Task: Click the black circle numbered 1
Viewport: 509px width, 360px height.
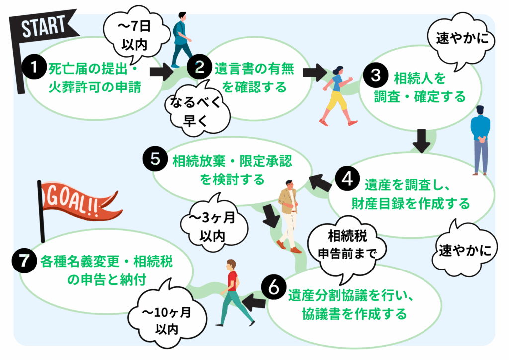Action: [x=34, y=69]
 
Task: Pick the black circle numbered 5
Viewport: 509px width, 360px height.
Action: [x=155, y=159]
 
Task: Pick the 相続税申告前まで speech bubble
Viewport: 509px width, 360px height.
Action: [x=346, y=242]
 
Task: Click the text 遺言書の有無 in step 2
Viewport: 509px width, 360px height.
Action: [x=254, y=69]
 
